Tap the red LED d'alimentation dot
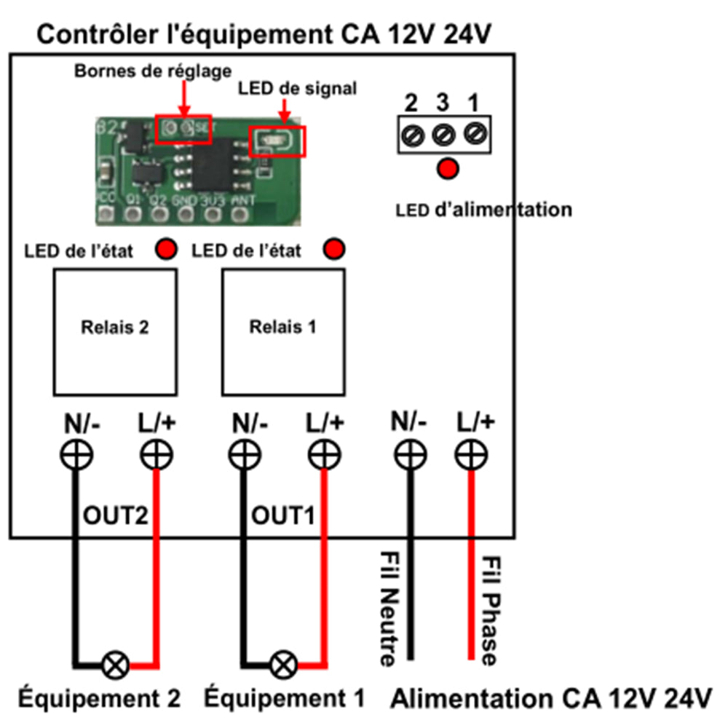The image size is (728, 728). [x=448, y=169]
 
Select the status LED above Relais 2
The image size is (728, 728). [x=166, y=250]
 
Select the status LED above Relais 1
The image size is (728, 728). [x=334, y=250]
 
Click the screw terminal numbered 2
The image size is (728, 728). [x=414, y=135]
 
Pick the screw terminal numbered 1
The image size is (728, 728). [x=474, y=135]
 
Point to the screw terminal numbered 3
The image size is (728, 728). [x=444, y=135]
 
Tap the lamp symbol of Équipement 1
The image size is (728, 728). [x=284, y=664]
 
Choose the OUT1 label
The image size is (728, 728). [x=283, y=517]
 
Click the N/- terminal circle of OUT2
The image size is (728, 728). [x=76, y=456]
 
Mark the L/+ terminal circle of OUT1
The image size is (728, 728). [x=323, y=456]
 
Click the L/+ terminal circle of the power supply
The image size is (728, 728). [x=472, y=456]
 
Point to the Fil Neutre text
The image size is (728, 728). [x=387, y=608]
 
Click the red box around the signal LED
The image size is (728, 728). [x=277, y=141]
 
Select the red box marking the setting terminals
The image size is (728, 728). [x=185, y=129]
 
